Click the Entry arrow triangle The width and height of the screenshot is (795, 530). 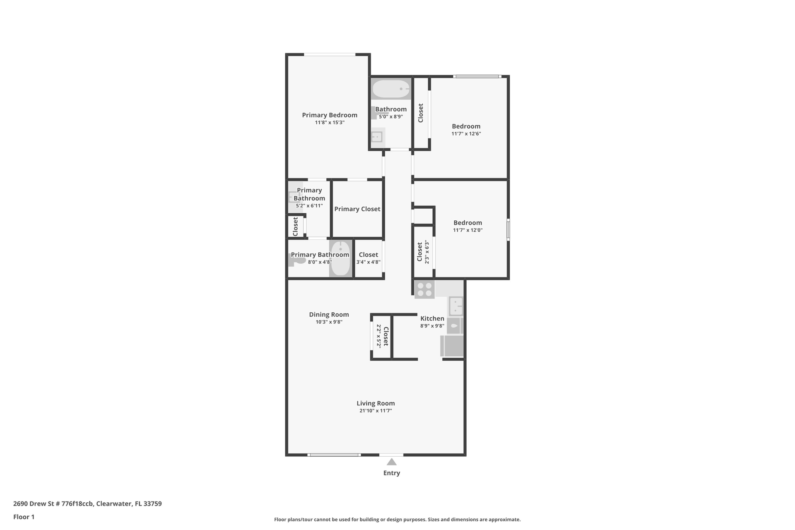pos(391,462)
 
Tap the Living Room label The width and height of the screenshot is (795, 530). pos(376,403)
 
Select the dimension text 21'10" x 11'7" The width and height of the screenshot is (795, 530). pos(376,411)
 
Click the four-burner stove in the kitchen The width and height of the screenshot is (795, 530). pos(424,289)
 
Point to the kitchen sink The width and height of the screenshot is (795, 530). pos(455,306)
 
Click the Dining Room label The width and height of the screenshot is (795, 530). pos(329,314)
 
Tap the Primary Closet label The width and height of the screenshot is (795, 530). pos(357,209)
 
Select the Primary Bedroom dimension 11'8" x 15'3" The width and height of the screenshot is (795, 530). pos(330,123)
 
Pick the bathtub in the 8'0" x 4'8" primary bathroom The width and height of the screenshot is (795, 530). pos(341,258)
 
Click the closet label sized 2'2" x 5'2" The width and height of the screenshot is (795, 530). pos(385,336)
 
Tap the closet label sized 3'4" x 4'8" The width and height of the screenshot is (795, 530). pos(368,255)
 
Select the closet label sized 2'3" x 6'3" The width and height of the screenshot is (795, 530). pos(420,252)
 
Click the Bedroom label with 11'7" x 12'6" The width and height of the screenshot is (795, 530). pos(466,126)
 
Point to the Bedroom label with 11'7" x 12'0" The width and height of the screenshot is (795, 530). pos(467,222)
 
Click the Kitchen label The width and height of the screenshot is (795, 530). pos(432,318)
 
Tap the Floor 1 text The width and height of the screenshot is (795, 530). pos(24,517)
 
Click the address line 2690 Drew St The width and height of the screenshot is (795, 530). pos(87,503)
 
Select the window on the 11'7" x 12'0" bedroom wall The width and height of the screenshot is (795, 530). pos(508,230)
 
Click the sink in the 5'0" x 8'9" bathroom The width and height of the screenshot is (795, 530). pos(377,137)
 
